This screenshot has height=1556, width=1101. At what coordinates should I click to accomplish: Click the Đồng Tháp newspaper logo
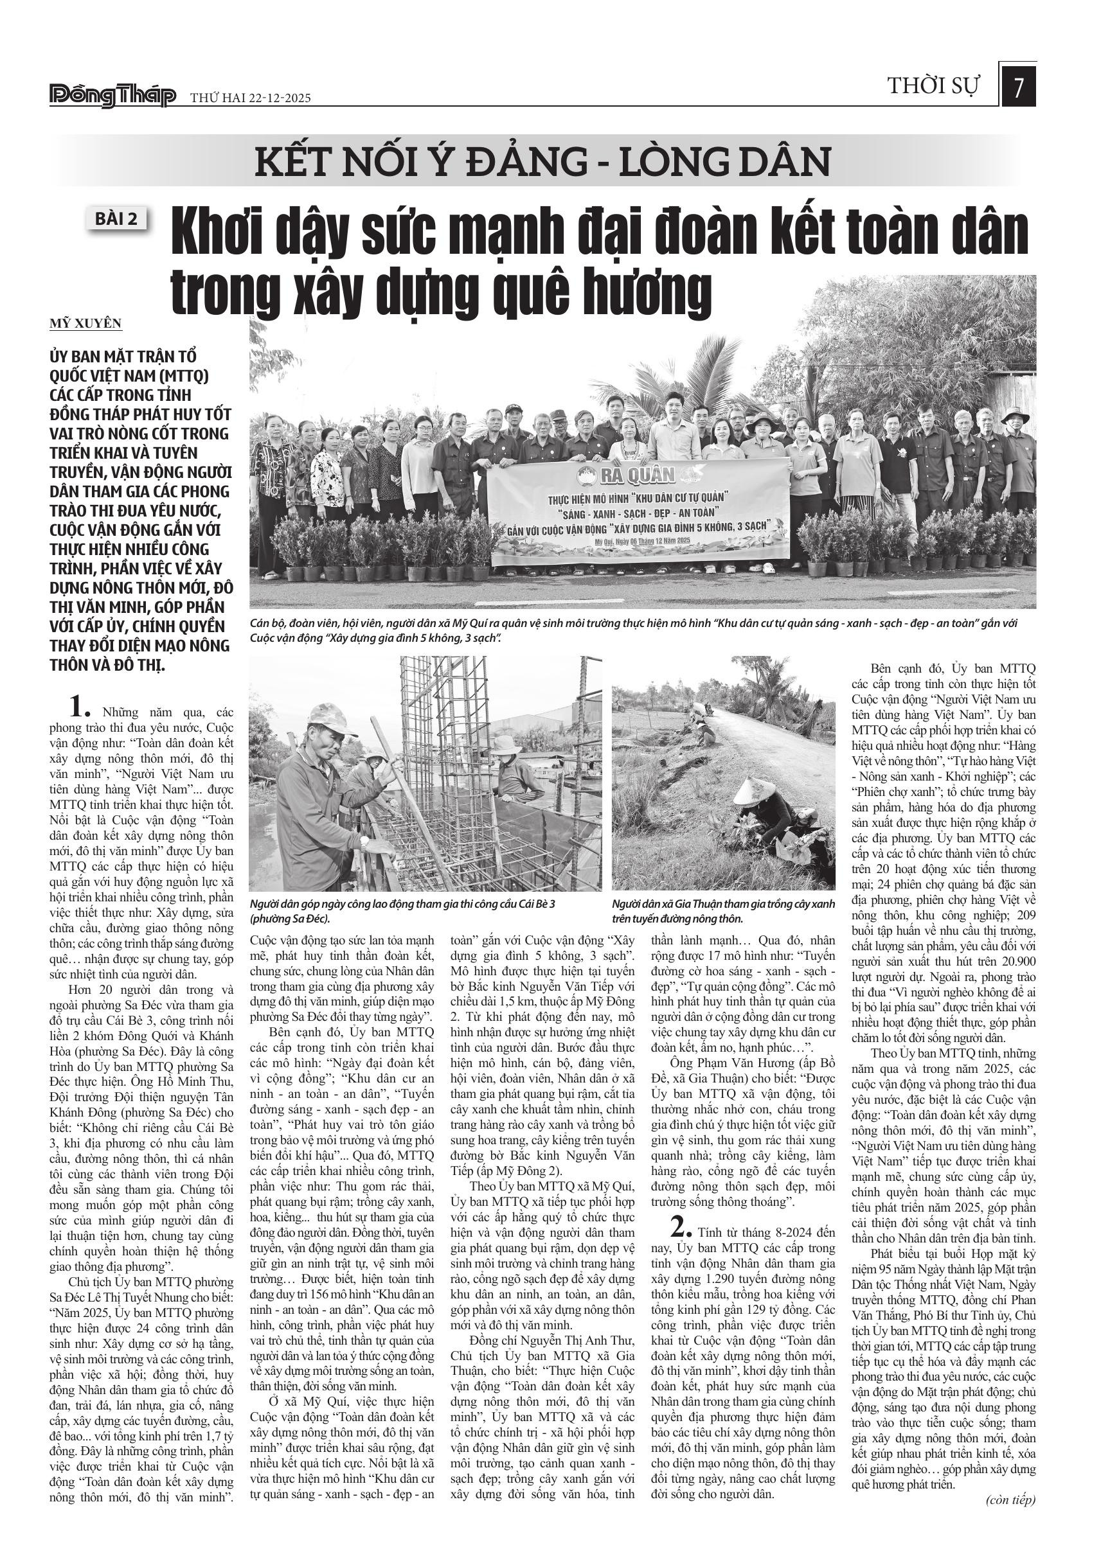[x=112, y=96]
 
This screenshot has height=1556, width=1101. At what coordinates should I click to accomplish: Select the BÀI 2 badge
[x=116, y=219]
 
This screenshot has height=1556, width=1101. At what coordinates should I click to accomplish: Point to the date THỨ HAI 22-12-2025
[x=250, y=98]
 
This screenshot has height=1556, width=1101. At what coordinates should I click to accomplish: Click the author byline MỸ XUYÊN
[x=85, y=323]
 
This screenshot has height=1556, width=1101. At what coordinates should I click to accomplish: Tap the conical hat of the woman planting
[x=749, y=791]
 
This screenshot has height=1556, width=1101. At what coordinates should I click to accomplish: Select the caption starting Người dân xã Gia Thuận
[x=722, y=912]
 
